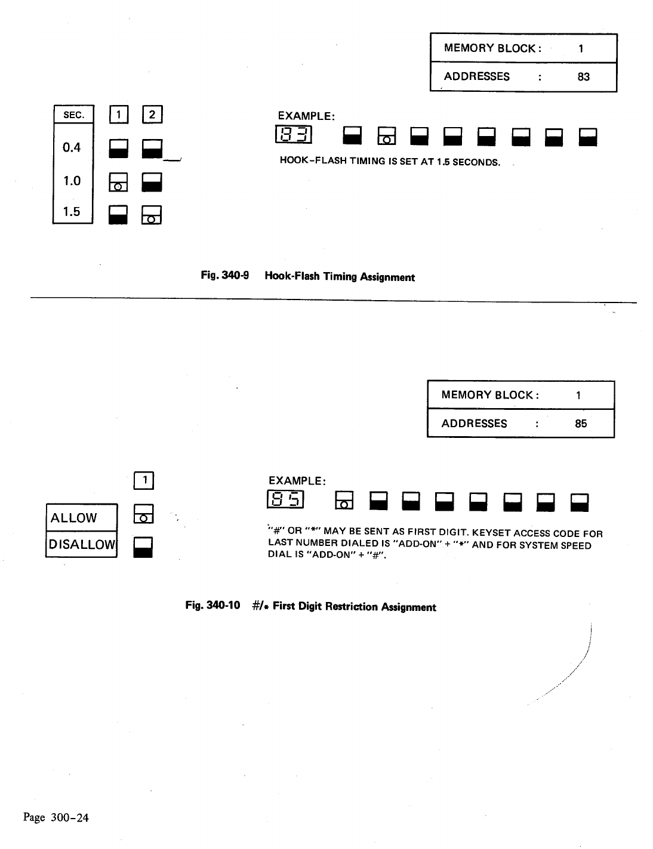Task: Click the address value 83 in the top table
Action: [x=583, y=76]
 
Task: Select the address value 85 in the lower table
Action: [x=581, y=424]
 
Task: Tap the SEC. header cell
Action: [x=73, y=115]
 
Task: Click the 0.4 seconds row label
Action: [x=72, y=147]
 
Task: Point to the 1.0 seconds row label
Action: [x=72, y=181]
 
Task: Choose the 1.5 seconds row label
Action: [x=72, y=211]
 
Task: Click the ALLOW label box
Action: [x=81, y=517]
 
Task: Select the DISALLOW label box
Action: [x=81, y=544]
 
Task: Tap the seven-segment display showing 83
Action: [x=294, y=135]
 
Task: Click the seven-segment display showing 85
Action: [x=286, y=500]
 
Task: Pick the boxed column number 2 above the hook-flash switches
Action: [x=152, y=115]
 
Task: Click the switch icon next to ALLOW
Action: [x=143, y=514]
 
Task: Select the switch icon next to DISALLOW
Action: [x=143, y=547]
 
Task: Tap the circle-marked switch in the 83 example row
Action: [x=387, y=137]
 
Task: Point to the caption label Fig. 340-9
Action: [x=224, y=276]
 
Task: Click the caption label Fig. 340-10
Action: [x=212, y=606]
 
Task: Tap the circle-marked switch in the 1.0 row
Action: [x=118, y=182]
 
